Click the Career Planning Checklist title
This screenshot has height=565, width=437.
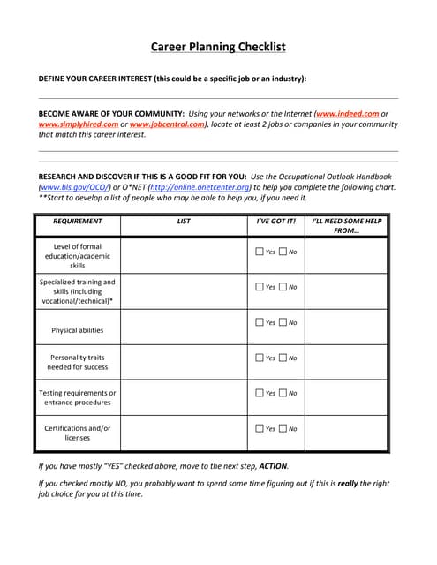coord(218,47)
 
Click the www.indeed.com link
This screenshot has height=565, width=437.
coord(347,114)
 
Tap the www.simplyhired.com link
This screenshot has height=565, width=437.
coord(78,124)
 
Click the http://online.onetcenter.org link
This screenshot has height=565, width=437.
coord(200,187)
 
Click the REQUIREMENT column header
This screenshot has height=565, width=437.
coord(78,222)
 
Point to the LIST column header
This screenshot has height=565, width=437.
coord(184,222)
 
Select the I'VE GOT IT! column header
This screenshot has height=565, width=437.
coord(275,222)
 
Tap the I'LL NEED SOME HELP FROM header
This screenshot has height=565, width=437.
coord(346,226)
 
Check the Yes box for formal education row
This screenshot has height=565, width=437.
coord(260,252)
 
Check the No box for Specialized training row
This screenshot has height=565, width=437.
coord(283,286)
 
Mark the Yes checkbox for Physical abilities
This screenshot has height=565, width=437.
coord(260,322)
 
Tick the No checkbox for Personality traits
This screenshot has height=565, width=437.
coord(283,358)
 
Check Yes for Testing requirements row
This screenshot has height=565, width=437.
coord(260,393)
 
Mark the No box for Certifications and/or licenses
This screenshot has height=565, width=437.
coord(283,428)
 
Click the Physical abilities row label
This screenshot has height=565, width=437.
coord(78,330)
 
